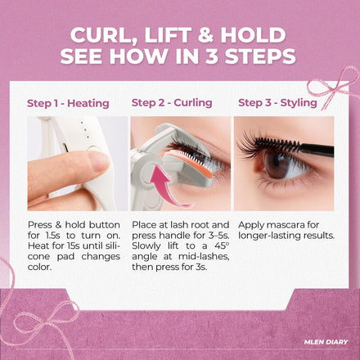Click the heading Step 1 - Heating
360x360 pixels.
[x=68, y=103]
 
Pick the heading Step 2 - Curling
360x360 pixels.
[x=172, y=103]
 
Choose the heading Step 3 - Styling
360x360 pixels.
[x=277, y=103]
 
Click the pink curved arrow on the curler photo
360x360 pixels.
[x=165, y=186]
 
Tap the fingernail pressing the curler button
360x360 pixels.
[x=99, y=161]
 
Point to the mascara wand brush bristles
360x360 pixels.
[x=277, y=144]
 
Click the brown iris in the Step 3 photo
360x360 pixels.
[x=276, y=164]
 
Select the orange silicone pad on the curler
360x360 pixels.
[x=188, y=164]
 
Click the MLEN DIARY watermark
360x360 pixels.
[x=326, y=342]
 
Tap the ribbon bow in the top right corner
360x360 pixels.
[x=335, y=87]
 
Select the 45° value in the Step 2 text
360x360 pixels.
[x=221, y=245]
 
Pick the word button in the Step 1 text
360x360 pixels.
[x=105, y=225]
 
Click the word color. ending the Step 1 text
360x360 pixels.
[x=39, y=267]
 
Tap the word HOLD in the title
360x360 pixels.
[x=253, y=35]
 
